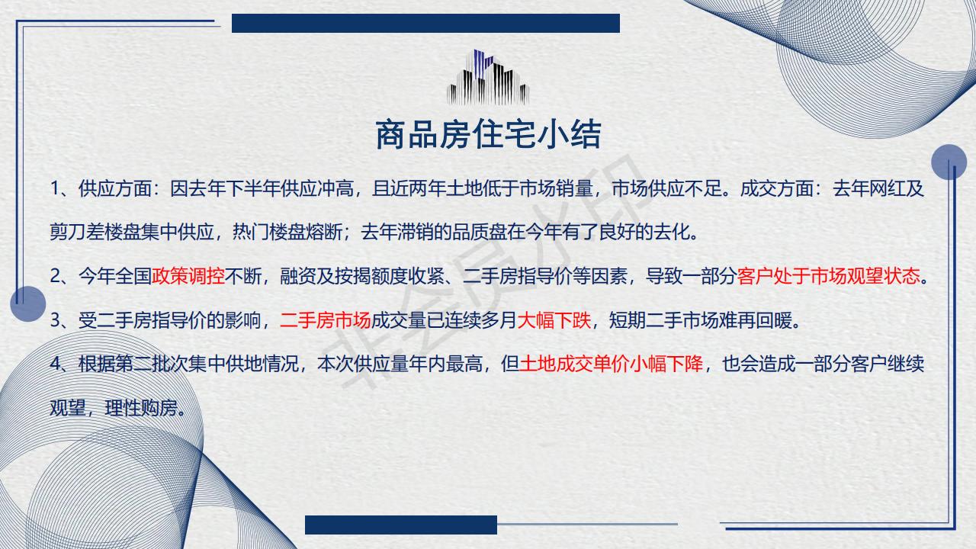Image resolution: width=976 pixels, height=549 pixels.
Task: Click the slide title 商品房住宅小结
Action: [x=488, y=134]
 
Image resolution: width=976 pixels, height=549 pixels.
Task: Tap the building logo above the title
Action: [x=488, y=77]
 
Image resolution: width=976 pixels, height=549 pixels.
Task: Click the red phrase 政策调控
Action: [x=188, y=276]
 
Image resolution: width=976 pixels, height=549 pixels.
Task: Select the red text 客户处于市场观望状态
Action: [x=828, y=276]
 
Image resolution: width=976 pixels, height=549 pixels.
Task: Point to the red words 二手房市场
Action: [x=325, y=320]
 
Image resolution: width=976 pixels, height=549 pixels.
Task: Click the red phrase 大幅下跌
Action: [x=554, y=320]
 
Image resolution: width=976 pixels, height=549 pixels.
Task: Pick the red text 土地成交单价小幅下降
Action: [x=612, y=364]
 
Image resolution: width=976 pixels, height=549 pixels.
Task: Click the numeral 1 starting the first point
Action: [x=54, y=188]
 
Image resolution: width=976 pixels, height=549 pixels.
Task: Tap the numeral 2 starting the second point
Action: [x=55, y=276]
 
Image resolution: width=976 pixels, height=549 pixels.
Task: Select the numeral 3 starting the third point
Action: [x=55, y=321]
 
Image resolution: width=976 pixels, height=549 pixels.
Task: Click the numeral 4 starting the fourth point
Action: [x=55, y=364]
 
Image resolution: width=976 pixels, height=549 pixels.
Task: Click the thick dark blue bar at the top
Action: [x=425, y=23]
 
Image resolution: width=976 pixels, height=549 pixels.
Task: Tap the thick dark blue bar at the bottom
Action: [x=401, y=525]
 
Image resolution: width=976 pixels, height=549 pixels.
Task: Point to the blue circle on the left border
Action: [x=28, y=303]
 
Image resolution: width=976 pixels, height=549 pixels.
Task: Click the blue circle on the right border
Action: [x=949, y=162]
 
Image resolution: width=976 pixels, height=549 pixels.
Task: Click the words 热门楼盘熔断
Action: [x=287, y=232]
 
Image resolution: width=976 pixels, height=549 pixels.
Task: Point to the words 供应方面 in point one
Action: [x=115, y=188]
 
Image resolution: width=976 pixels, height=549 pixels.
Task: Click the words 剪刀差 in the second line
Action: [x=77, y=232]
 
